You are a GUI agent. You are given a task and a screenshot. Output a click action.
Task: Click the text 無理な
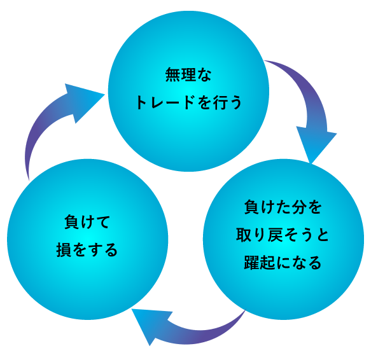tap(188, 75)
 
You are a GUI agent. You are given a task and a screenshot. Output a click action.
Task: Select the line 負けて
tap(87, 222)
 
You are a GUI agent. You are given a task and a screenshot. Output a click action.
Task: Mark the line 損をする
tap(87, 250)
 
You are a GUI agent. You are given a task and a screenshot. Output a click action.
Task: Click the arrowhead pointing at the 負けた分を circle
tap(315, 146)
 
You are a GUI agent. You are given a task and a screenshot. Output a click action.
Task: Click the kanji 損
tap(64, 250)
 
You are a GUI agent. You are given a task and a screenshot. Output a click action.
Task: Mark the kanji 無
tap(172, 75)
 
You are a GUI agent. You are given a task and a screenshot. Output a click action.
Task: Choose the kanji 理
tap(188, 75)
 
